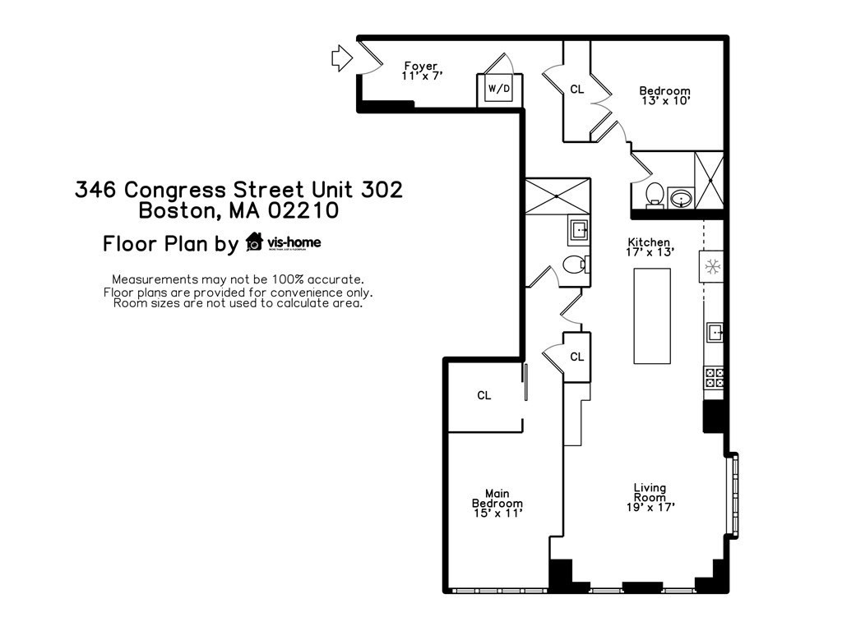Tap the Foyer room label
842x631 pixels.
pyautogui.click(x=421, y=71)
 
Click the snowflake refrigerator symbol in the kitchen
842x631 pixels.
pyautogui.click(x=712, y=265)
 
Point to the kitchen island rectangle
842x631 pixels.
pyautogui.click(x=651, y=315)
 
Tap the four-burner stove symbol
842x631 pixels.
pyautogui.click(x=714, y=377)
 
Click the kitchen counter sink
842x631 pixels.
pyautogui.click(x=714, y=332)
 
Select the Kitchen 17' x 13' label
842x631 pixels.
pyautogui.click(x=649, y=247)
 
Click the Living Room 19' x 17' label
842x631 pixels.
pyautogui.click(x=650, y=497)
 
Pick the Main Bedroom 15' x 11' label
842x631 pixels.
pyautogui.click(x=497, y=503)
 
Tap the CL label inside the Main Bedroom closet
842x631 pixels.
pyautogui.click(x=484, y=396)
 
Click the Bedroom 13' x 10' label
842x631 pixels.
pyautogui.click(x=665, y=95)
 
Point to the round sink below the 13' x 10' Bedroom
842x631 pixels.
pyautogui.click(x=681, y=197)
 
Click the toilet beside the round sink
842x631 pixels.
pyautogui.click(x=655, y=196)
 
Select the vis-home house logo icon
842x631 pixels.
pyautogui.click(x=254, y=242)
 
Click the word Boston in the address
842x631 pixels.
pyautogui.click(x=178, y=211)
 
